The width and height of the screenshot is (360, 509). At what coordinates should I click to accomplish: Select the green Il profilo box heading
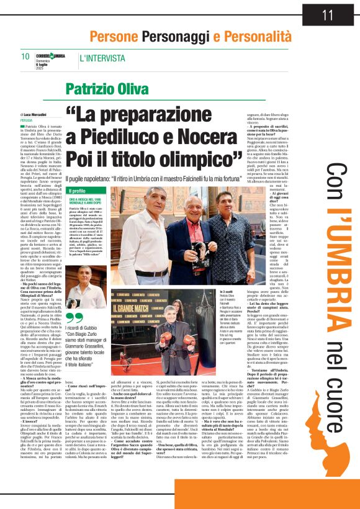(x=78, y=191)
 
